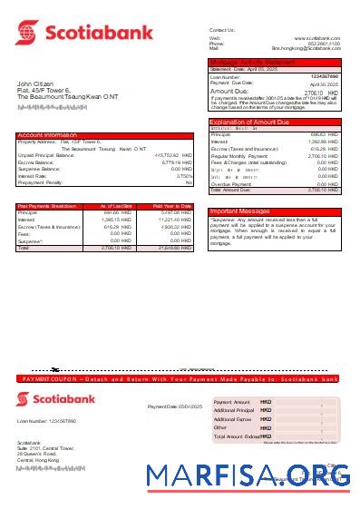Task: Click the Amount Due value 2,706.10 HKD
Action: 321,92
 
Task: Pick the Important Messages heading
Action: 238,210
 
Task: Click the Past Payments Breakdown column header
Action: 47,206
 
